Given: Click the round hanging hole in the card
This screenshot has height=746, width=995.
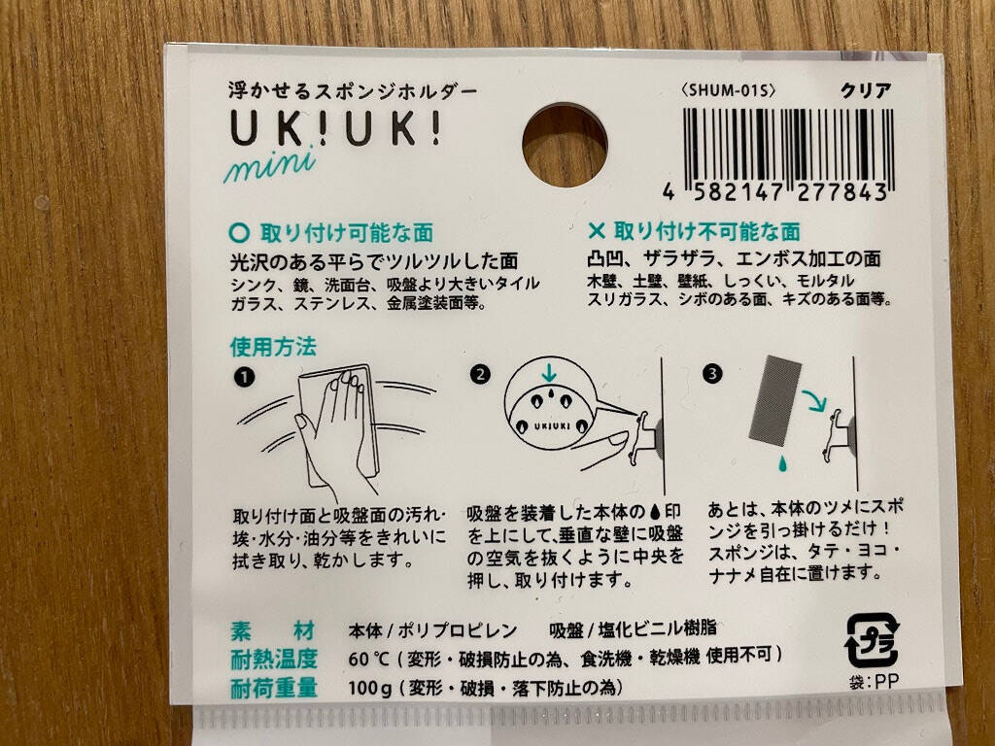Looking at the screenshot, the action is coord(565,146).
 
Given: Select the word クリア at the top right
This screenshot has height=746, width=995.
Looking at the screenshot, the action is coord(866,91).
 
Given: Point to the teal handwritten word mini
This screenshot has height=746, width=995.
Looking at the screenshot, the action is coord(270,165).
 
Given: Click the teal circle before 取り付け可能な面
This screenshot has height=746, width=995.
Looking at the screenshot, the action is coord(239,233).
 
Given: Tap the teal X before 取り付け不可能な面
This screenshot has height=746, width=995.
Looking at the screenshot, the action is coord(597,231).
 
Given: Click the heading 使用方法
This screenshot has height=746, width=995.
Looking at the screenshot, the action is coord(273,347).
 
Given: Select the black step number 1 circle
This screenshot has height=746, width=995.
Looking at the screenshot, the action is coord(244,378).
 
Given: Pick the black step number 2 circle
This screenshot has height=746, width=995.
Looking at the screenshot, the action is coord(480,374).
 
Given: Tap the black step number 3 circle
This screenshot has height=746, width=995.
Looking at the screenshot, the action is coord(712,374).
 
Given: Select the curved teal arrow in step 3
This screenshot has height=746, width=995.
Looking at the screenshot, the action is coord(813,400).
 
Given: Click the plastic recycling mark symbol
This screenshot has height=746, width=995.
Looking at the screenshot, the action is coord(873,640).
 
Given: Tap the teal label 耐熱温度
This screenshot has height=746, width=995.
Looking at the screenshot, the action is coord(273,660).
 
